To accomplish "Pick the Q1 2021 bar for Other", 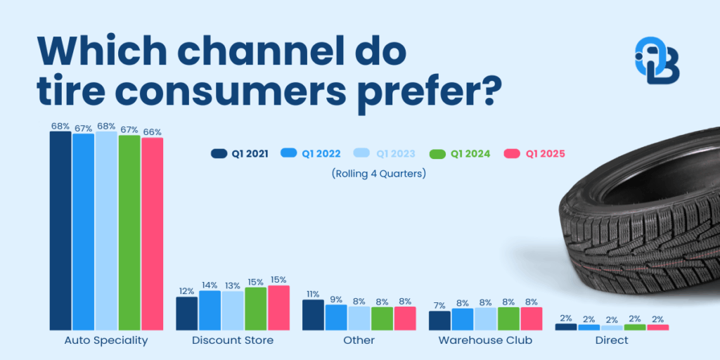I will click(x=313, y=314).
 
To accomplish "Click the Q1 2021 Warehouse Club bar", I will click(x=439, y=320).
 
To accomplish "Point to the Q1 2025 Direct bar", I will click(x=657, y=327).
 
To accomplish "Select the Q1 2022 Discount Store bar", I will click(x=210, y=310).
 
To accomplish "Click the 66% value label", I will click(x=152, y=131).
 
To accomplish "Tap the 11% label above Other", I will click(x=313, y=294).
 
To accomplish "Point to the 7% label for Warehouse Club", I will click(x=440, y=305).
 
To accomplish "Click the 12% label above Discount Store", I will click(x=186, y=290).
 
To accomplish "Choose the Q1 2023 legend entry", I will click(x=382, y=153).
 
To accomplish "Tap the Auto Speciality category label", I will click(x=106, y=340).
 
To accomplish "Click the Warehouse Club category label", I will click(x=485, y=340).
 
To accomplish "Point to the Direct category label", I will click(x=611, y=340).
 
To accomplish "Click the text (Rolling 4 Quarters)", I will click(x=378, y=172).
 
